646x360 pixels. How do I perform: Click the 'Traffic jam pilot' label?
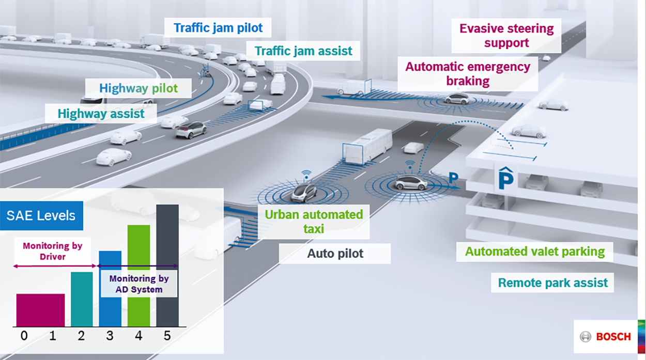tap(218, 27)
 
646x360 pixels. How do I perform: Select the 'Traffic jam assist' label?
tap(303, 51)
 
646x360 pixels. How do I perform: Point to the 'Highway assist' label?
tap(101, 114)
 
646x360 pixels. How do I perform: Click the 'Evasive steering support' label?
tap(506, 36)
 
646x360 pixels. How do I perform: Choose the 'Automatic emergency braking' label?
tap(468, 74)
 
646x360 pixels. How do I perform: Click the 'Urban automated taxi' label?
tap(314, 221)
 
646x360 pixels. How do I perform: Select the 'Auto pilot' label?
tap(335, 254)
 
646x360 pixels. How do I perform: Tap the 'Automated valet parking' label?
tap(534, 252)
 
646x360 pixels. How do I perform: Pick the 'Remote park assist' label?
tap(552, 283)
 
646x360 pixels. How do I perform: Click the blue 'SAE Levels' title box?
tap(41, 215)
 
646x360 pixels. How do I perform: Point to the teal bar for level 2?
tap(82, 300)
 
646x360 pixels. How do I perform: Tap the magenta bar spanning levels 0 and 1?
tap(40, 310)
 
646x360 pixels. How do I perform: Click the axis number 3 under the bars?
tap(110, 336)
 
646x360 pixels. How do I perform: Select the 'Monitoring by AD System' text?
tap(139, 284)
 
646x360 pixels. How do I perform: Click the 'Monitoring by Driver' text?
tap(52, 251)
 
